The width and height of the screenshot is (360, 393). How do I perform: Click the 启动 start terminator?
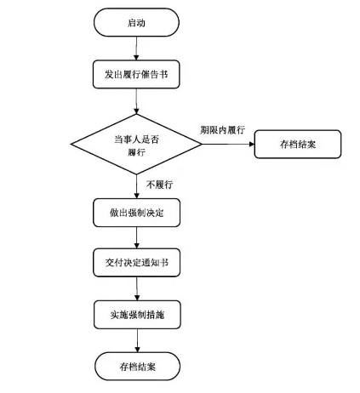coord(136,22)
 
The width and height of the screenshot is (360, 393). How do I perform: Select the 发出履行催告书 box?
coord(136,74)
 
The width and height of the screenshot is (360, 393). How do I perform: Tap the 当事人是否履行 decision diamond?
coord(136,144)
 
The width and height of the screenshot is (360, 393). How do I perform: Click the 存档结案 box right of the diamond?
coord(298,144)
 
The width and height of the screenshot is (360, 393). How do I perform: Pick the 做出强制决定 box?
coord(137,213)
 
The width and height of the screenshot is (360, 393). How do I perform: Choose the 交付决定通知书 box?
coord(137,263)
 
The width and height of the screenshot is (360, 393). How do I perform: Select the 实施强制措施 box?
coord(137,315)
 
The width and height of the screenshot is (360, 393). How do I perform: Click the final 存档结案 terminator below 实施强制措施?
coord(137,367)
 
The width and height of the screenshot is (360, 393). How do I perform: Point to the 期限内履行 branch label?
coord(222,130)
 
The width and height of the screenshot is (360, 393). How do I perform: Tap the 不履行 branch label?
coord(159,185)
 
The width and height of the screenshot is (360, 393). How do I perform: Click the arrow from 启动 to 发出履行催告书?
coord(136,48)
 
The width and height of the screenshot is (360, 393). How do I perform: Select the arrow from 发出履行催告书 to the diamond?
coord(136,101)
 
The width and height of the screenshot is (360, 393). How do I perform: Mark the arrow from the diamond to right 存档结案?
coord(228,144)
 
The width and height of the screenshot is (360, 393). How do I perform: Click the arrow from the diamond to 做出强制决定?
coord(136,186)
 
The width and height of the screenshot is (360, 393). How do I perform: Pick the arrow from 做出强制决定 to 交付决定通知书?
coord(137,237)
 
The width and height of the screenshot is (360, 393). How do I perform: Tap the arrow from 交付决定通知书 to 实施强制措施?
coord(137,288)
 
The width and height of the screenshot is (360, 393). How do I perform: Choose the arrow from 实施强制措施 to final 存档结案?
coord(137,340)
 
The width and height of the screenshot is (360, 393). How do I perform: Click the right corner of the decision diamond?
coord(202,144)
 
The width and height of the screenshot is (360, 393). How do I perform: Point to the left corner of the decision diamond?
coord(71,144)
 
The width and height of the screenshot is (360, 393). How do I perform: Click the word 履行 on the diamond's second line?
coord(136,152)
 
